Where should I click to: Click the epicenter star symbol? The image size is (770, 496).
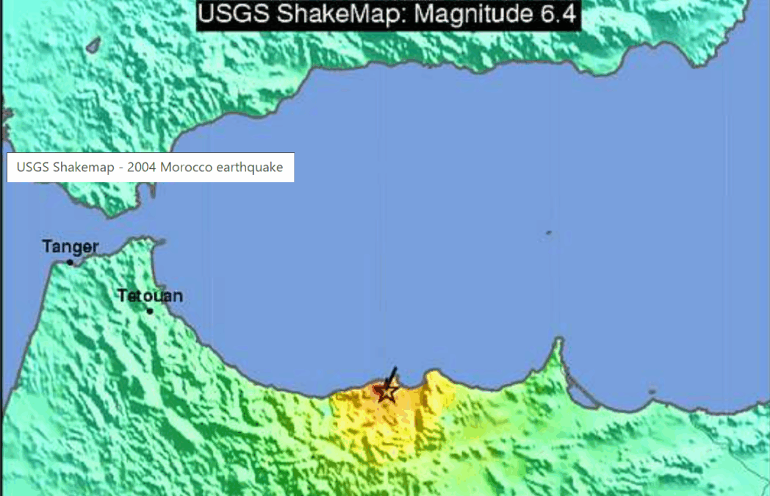[x=387, y=392]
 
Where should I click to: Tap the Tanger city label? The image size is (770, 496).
[x=71, y=247]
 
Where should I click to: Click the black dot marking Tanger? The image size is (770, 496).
[x=71, y=262]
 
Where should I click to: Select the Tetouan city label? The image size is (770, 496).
[x=150, y=296]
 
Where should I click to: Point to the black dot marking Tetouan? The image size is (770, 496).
[x=150, y=311]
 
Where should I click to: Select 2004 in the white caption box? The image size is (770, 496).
[x=142, y=168]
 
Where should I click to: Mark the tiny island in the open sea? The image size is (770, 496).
[x=548, y=234]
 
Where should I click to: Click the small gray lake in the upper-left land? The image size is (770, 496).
[x=93, y=46]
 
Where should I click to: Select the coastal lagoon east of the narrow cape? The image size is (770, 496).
[x=583, y=394]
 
